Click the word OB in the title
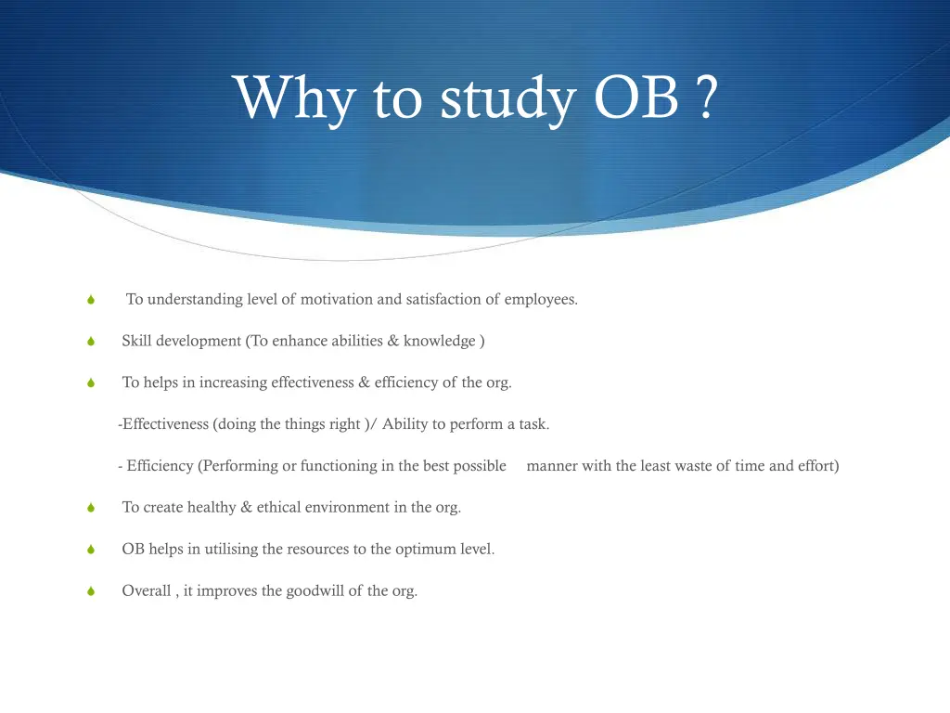(636, 98)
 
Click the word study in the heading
(507, 100)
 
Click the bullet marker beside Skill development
(91, 342)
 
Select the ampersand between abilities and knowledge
(393, 341)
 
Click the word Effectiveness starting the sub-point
(165, 424)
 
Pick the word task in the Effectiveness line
(533, 424)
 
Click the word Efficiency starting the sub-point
(160, 466)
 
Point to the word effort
(817, 466)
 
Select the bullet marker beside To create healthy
(91, 508)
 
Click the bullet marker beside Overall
(91, 591)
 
